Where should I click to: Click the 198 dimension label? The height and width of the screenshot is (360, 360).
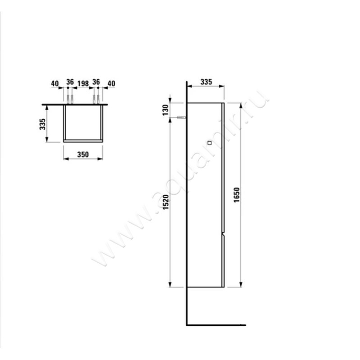(x=82, y=83)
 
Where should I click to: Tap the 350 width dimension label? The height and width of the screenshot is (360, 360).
(x=82, y=153)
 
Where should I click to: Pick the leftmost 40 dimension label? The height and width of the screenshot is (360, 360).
(x=54, y=83)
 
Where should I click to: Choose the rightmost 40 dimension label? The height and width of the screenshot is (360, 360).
(x=111, y=83)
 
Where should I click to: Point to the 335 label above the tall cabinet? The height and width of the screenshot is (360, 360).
(x=205, y=82)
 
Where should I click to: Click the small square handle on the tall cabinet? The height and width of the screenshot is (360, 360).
(x=209, y=143)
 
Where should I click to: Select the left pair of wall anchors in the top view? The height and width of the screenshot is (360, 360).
(x=70, y=99)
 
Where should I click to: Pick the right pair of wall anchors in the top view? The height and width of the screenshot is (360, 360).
(x=96, y=99)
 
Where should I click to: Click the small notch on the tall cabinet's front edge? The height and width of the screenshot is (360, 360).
(x=223, y=235)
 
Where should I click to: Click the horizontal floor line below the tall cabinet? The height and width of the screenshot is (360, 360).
(x=216, y=325)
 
